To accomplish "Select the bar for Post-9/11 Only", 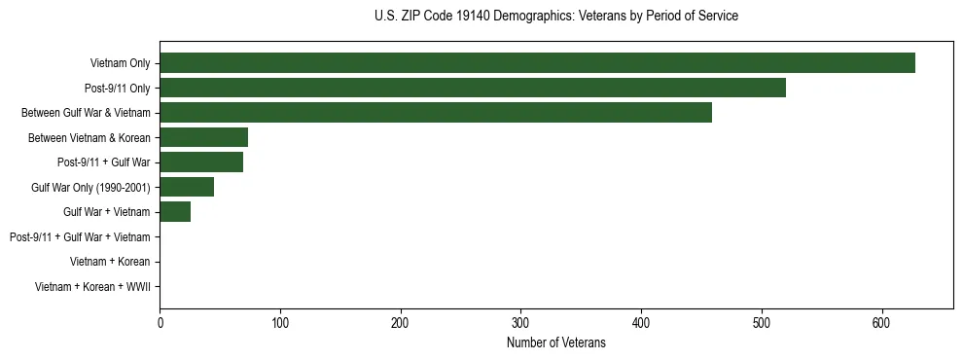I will tap(473, 89).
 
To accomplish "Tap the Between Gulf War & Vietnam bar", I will tap(436, 113).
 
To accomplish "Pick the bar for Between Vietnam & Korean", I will tap(203, 137).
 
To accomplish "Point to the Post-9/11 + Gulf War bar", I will tap(201, 162).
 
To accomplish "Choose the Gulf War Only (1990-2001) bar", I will tap(187, 187).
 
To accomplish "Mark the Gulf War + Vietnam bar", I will tap(175, 212).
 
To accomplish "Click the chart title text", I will tap(555, 17).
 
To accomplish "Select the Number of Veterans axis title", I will tap(555, 342).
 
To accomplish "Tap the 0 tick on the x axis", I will tap(160, 321).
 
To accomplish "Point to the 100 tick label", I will tap(280, 321).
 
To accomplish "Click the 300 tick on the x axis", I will tap(520, 321).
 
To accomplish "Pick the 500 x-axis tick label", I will tap(762, 321).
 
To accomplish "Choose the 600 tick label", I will tap(881, 321).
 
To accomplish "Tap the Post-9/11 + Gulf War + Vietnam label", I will tap(80, 237).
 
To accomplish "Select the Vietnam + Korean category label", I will tap(110, 262).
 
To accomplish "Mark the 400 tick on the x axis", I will tap(641, 321).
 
